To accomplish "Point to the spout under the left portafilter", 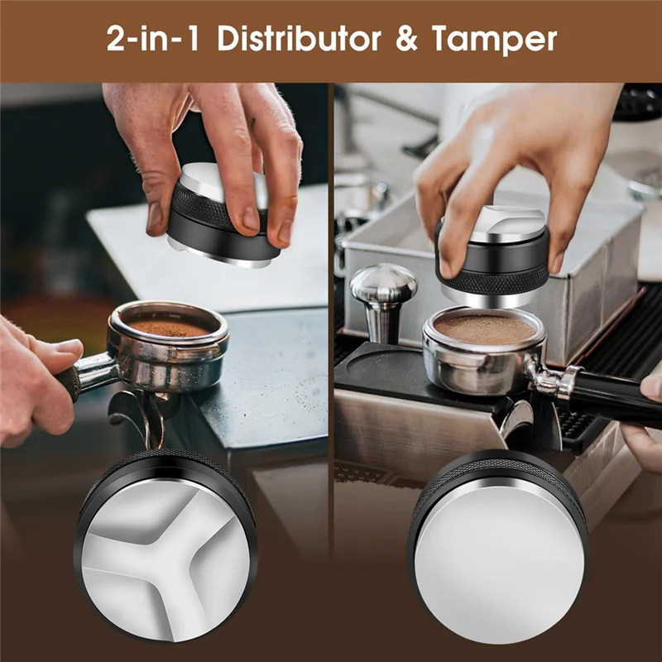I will pyautogui.click(x=145, y=414).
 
